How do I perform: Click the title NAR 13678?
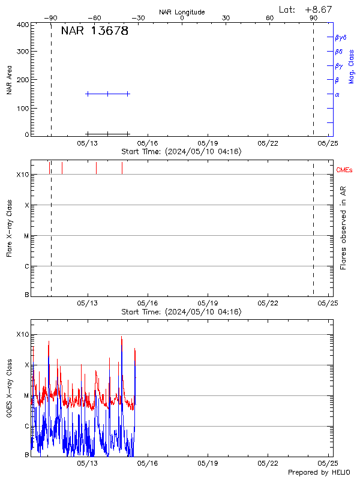click(95, 31)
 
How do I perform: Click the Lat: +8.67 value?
click(306, 10)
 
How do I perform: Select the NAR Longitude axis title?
click(182, 12)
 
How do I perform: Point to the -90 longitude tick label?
click(53, 18)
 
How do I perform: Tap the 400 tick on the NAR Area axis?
click(23, 25)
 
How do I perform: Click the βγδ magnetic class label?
click(341, 37)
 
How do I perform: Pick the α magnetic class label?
click(337, 94)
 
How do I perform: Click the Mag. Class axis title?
click(352, 66)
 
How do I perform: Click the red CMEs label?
click(345, 171)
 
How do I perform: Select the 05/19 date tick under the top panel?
click(208, 143)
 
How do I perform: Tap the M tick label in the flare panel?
click(26, 236)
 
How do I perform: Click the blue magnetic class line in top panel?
click(108, 94)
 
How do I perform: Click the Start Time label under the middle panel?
click(181, 312)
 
